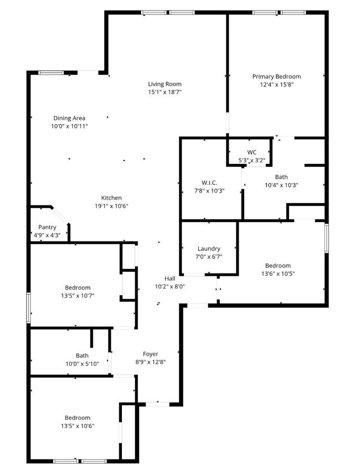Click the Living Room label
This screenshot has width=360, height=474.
tap(164, 84)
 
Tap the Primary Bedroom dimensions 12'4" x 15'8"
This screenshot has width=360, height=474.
tap(276, 85)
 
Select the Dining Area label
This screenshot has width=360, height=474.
tap(69, 118)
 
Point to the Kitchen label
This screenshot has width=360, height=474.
tap(111, 198)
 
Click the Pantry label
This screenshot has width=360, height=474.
tap(47, 227)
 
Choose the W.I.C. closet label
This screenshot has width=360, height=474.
tap(209, 183)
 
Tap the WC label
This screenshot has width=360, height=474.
tap(252, 152)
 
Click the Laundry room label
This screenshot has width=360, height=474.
tap(209, 249)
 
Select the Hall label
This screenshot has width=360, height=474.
tap(169, 278)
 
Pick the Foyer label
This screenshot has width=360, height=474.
tap(151, 354)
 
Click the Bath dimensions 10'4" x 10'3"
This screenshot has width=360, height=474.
tap(281, 186)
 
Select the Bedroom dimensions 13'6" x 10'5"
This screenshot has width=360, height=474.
tap(277, 274)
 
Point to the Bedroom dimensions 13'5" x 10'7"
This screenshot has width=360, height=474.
tap(78, 296)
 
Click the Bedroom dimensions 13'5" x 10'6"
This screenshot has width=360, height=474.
tap(78, 426)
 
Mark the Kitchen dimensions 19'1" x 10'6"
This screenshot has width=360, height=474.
tap(111, 206)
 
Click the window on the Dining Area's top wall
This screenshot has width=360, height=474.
tap(50, 72)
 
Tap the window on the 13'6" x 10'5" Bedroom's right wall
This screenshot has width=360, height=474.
tap(327, 238)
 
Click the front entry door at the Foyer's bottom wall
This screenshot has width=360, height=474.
tap(157, 404)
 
